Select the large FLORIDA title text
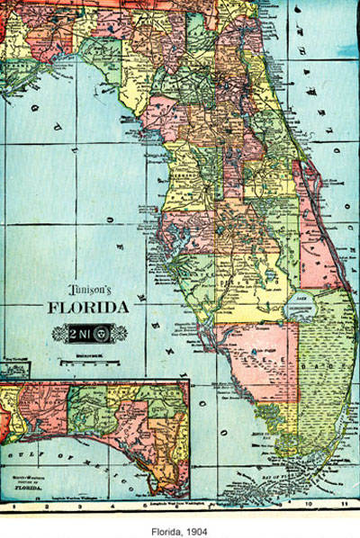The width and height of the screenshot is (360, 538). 88,308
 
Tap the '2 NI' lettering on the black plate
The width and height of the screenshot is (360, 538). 78,333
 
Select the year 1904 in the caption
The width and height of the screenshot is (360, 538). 197,524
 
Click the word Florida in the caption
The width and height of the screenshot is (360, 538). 167,524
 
